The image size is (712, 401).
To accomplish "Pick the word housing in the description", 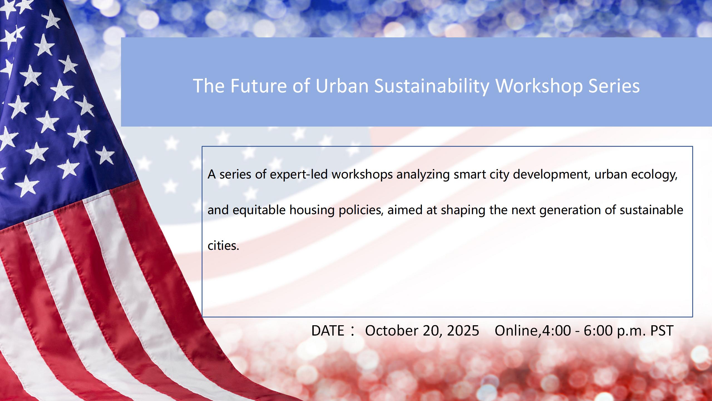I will click(x=312, y=210).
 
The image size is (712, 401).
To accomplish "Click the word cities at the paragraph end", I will click(x=223, y=246).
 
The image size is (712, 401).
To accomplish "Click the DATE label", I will click(x=328, y=331).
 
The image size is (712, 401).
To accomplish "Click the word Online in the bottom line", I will click(x=516, y=331).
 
